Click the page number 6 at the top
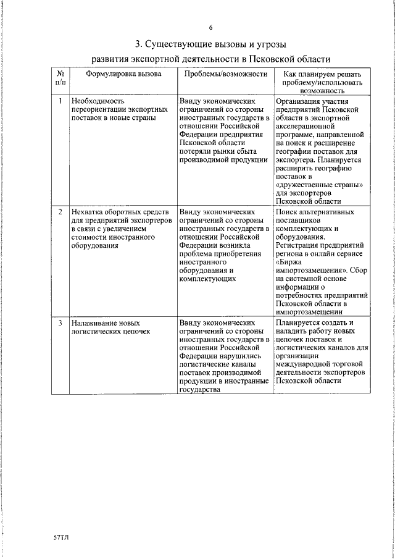[x=210, y=28]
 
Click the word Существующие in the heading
[x=181, y=44]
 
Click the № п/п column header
[x=60, y=78]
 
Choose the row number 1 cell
[x=60, y=100]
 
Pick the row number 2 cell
[x=60, y=212]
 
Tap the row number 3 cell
[x=60, y=323]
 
